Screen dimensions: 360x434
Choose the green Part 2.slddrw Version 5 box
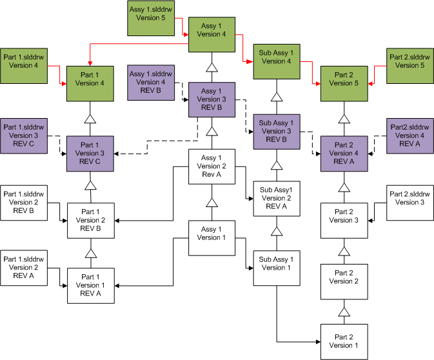409,66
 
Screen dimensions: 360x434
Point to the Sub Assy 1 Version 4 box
277,61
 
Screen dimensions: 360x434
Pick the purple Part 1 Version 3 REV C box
91,153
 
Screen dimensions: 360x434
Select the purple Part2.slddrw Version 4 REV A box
409,136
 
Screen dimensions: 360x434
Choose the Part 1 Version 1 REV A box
91,285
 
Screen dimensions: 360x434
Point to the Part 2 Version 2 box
344,281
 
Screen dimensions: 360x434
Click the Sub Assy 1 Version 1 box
277,267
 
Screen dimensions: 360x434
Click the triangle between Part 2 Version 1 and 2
344,312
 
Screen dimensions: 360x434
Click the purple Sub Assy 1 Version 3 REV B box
277,131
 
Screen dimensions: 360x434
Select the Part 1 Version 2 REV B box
91,219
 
